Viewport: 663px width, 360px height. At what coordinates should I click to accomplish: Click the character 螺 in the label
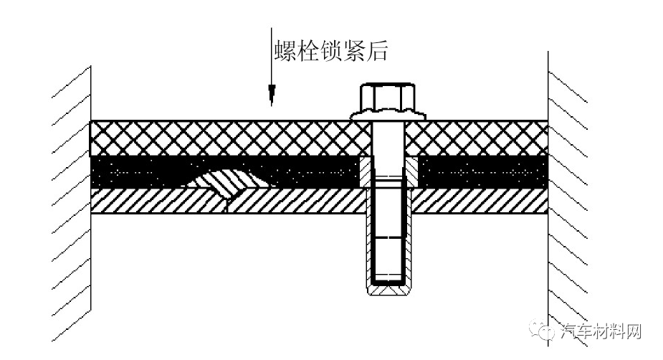(x=285, y=52)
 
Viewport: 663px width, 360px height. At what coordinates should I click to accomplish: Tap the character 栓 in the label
(x=308, y=52)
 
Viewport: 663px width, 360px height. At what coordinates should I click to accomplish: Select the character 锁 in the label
(x=331, y=52)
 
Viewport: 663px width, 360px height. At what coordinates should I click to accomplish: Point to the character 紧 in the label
(x=354, y=52)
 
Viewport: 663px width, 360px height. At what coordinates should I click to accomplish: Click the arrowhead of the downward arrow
(x=272, y=95)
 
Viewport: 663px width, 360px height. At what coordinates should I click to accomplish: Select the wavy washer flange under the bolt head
(x=388, y=114)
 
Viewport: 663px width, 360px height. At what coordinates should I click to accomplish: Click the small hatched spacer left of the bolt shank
(x=365, y=171)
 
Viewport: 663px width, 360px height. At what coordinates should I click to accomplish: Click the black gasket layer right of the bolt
(x=482, y=172)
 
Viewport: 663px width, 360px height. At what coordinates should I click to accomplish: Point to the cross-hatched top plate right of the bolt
(x=477, y=138)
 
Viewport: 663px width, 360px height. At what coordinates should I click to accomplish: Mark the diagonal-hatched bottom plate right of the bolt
(x=480, y=201)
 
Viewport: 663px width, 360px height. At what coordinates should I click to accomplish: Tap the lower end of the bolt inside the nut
(x=388, y=258)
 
